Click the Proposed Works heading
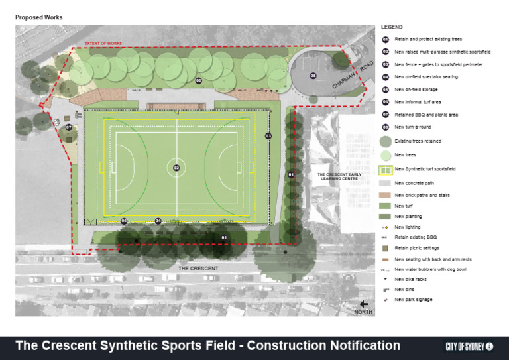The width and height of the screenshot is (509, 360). click(x=39, y=17)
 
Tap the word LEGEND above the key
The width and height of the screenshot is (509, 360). click(x=392, y=27)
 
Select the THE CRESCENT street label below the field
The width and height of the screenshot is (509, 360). click(x=198, y=269)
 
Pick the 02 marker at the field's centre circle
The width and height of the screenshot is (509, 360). click(x=176, y=168)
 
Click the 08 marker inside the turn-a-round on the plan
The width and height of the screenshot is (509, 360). click(x=313, y=76)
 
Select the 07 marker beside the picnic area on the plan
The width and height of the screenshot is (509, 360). click(x=68, y=127)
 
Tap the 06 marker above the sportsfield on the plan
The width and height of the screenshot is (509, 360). click(x=198, y=80)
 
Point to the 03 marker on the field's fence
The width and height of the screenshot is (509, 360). click(x=268, y=136)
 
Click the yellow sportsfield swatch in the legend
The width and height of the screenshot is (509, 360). click(x=385, y=170)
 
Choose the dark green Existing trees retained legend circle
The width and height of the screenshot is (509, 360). click(x=385, y=141)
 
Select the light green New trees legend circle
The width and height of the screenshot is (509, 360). click(x=385, y=155)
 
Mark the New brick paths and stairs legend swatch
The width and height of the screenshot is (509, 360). click(x=385, y=195)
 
